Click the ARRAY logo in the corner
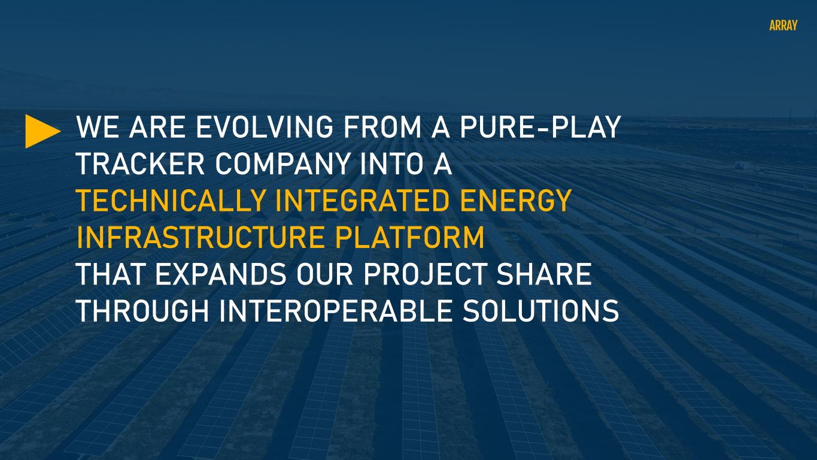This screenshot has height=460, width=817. [x=783, y=25]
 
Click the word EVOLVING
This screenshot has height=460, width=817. [x=265, y=127]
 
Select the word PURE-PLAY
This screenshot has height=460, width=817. [x=540, y=127]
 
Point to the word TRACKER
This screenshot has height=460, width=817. [x=141, y=164]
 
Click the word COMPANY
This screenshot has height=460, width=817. [x=283, y=164]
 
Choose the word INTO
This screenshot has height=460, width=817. [x=391, y=164]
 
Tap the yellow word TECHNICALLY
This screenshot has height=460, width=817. [x=171, y=201]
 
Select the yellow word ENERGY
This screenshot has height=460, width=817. [x=515, y=201]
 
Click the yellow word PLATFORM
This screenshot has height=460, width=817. [x=409, y=237]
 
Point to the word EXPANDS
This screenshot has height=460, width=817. [x=221, y=274]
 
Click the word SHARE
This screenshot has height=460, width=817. [x=544, y=274]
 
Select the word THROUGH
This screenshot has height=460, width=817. [x=142, y=311]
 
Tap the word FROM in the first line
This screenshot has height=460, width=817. [x=382, y=127]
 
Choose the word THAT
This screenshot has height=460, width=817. [x=111, y=274]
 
